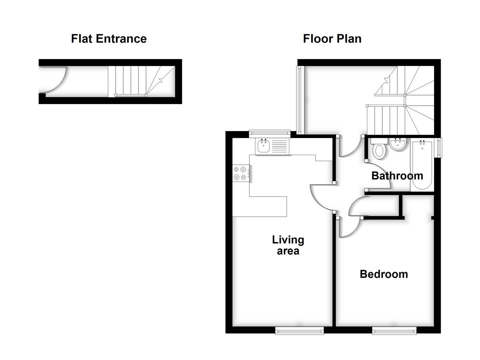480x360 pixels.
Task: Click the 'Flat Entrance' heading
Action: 109,39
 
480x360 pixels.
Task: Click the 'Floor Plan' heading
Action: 332,39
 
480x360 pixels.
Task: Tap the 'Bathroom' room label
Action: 397,176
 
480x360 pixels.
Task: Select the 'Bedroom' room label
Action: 384,274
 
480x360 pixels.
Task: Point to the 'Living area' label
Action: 288,245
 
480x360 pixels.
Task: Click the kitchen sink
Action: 263,146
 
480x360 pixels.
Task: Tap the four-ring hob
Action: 240,173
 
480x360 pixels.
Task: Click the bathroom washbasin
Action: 397,144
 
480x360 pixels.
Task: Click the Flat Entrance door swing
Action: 53,80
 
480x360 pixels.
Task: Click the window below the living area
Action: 299,330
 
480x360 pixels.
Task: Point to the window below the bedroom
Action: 394,330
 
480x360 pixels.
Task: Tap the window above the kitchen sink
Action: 270,133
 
